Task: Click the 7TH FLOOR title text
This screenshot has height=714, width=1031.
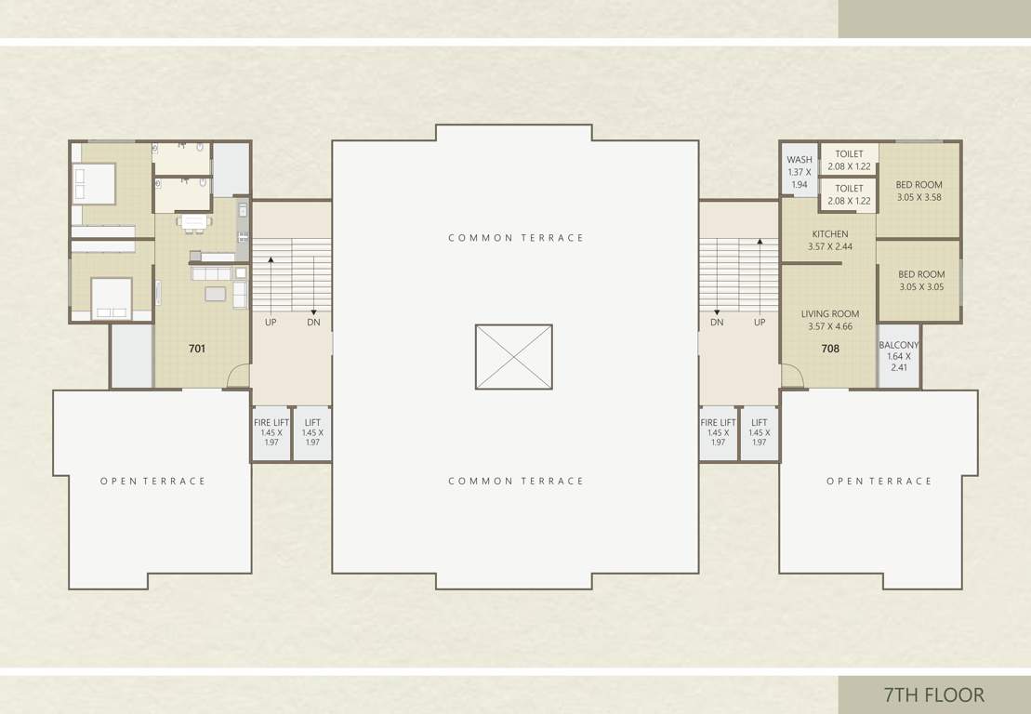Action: coord(933,694)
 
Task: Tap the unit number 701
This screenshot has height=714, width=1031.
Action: coord(197,350)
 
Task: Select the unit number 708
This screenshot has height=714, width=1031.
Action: coord(830,350)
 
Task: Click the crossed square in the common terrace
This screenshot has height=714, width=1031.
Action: coord(513,356)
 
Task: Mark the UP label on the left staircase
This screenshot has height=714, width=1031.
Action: coord(271,323)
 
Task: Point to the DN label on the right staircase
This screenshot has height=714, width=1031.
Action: coord(717,323)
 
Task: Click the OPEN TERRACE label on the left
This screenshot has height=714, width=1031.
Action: coord(152,482)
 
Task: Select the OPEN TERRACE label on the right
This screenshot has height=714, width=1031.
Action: coord(879,482)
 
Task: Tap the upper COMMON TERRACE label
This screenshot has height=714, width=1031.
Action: coord(516,238)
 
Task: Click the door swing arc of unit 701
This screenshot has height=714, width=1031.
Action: coord(238,376)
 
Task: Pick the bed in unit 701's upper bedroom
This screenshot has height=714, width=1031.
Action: coord(95,183)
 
